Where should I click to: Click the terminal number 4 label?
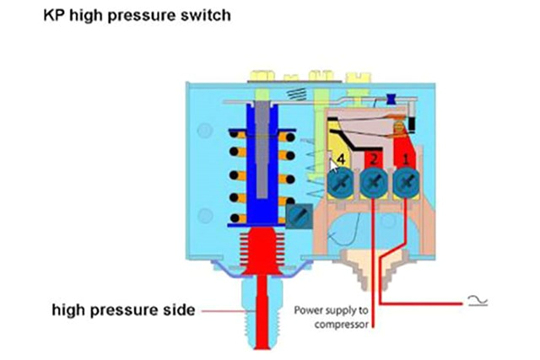(x=341, y=159)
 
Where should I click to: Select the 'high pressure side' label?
(x=123, y=310)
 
